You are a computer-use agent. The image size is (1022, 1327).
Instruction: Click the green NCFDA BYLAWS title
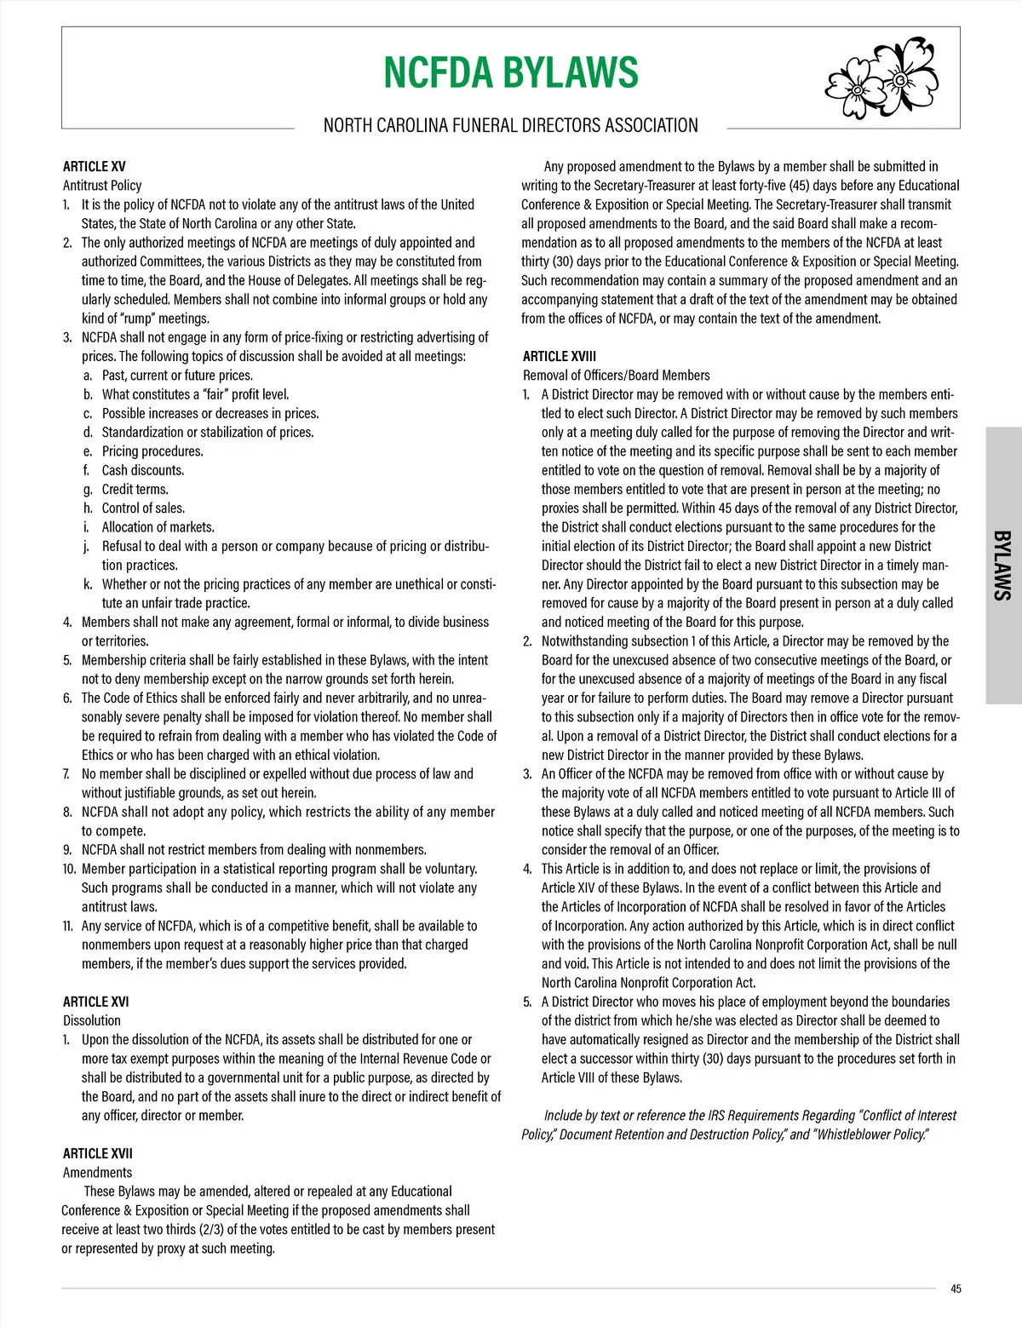point(510,72)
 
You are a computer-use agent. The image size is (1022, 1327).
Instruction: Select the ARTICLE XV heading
point(95,167)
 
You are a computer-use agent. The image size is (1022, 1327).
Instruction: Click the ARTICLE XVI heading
point(96,1002)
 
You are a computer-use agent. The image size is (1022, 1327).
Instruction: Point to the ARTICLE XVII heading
point(98,1153)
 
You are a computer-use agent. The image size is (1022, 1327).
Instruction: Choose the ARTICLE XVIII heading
point(560,357)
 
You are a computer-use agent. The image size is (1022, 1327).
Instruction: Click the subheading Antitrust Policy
point(102,186)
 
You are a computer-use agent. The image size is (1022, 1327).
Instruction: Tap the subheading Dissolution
point(92,1020)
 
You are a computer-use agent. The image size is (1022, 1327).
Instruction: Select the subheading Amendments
point(97,1172)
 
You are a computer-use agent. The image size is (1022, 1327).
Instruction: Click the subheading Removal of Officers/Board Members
point(616,376)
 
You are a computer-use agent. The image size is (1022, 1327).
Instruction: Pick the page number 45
point(956,1289)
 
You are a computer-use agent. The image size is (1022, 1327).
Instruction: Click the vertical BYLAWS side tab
point(1002,566)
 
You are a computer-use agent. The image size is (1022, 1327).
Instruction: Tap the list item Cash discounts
point(142,470)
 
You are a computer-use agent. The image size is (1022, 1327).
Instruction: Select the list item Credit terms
point(135,489)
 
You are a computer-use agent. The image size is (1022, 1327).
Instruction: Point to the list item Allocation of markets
point(158,527)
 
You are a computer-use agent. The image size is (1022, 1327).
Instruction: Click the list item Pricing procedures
point(152,451)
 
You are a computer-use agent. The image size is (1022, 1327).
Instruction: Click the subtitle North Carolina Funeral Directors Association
point(510,126)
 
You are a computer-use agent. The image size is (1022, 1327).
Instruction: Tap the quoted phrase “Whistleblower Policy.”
point(872,1135)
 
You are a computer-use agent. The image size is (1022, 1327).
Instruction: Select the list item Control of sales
point(142,508)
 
